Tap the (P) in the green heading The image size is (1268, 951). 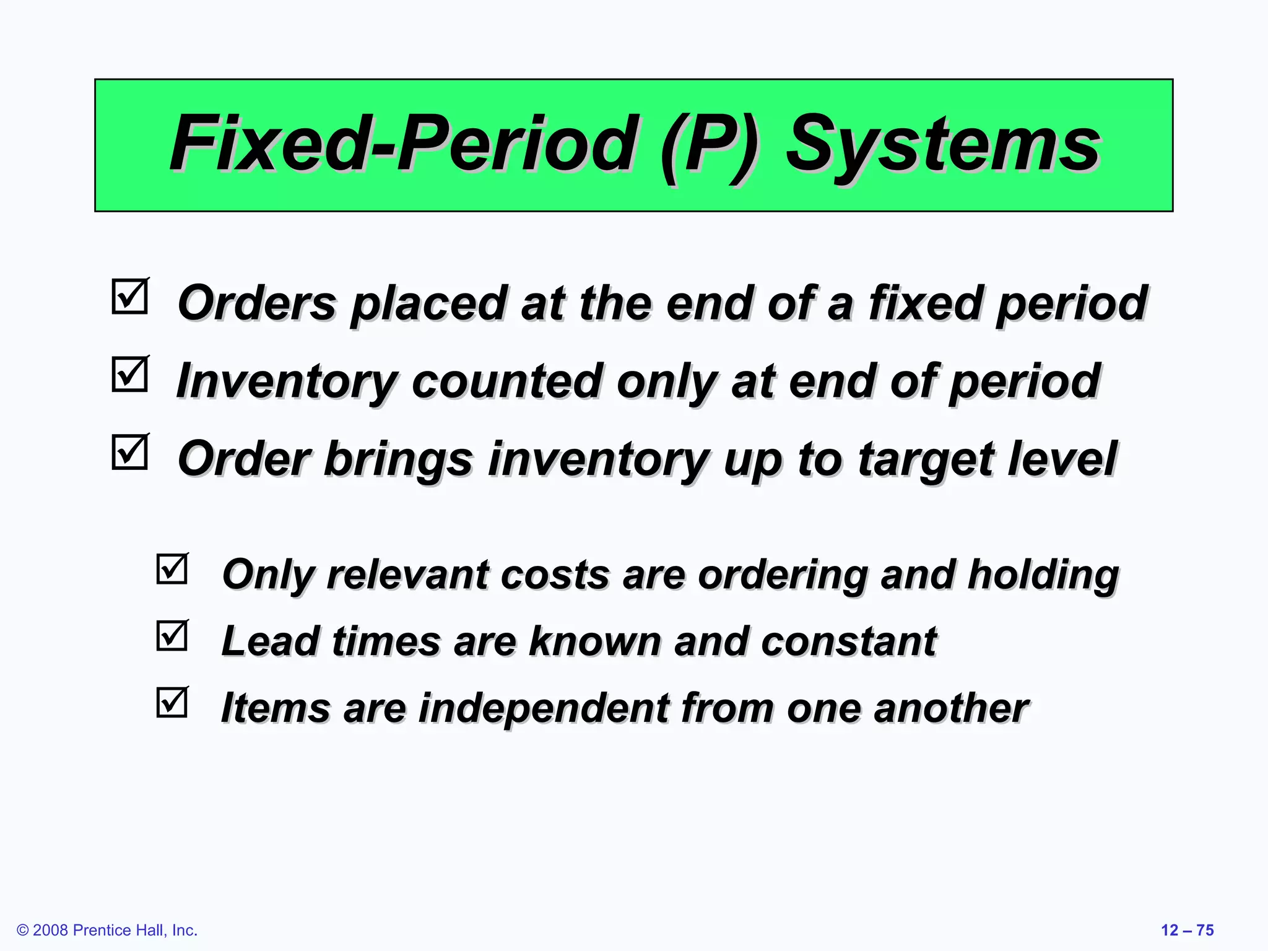[x=710, y=146]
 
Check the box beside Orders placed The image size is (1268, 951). [x=130, y=297]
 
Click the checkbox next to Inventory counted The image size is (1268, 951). [x=130, y=375]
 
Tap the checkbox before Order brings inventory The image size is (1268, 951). [x=130, y=453]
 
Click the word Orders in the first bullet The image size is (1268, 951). [x=256, y=303]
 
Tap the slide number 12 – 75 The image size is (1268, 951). [x=1187, y=930]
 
